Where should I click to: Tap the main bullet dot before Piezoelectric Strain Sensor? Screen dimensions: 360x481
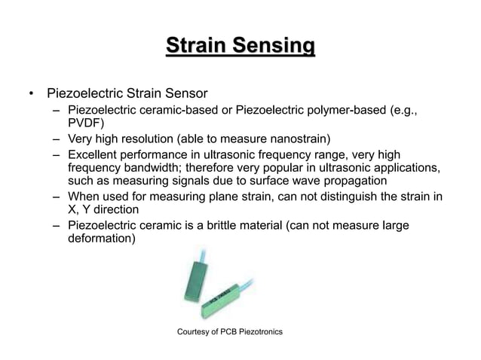(31, 96)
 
